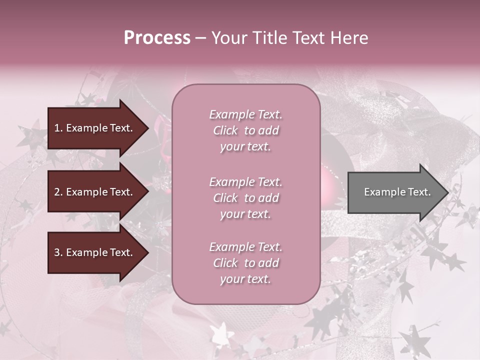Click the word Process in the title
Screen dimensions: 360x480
pos(157,38)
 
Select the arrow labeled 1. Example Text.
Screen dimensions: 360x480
pos(95,128)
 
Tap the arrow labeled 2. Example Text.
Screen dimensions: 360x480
pos(95,192)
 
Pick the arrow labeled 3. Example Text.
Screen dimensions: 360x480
pos(95,252)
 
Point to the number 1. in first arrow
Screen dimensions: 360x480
pos(58,128)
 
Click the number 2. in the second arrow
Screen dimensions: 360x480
pos(58,192)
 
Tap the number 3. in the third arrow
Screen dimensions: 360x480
pos(58,252)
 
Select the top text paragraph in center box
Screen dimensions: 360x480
pos(245,130)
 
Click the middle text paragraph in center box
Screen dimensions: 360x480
pos(245,198)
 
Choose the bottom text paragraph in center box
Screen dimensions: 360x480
pos(245,263)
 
